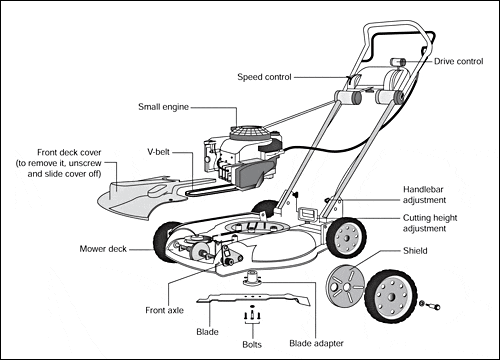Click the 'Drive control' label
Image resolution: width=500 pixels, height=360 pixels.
click(458, 61)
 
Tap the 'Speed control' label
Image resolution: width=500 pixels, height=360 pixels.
click(264, 77)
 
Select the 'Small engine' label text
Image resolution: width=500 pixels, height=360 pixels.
click(163, 107)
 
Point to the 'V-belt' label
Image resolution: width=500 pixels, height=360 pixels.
click(158, 152)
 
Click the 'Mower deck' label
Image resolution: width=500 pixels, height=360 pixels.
click(103, 249)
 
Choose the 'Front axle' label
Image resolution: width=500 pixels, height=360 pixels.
click(164, 310)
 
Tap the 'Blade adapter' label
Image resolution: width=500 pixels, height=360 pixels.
click(316, 343)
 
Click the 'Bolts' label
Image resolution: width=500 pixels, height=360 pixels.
click(252, 344)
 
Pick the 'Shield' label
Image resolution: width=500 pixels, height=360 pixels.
click(415, 251)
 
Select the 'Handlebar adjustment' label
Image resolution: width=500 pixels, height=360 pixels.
click(424, 195)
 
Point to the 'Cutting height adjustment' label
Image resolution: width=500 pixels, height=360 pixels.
click(430, 223)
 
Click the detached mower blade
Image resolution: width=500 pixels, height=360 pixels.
click(253, 298)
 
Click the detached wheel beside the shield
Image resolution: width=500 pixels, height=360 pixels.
click(391, 297)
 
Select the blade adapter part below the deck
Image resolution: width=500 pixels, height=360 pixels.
click(252, 279)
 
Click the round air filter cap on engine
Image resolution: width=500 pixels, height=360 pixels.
click(248, 133)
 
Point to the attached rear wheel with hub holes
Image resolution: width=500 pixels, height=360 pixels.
click(347, 237)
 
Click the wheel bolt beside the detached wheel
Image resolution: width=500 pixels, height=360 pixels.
click(431, 305)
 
